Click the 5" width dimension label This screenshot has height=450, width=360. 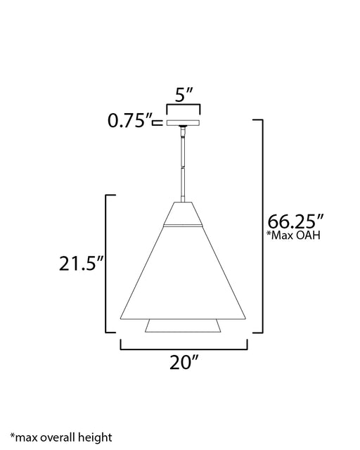(184, 95)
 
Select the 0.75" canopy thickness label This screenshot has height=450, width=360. (129, 120)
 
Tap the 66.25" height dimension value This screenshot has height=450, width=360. (295, 221)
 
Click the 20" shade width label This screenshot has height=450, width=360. (184, 362)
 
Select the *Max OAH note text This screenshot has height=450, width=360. (293, 236)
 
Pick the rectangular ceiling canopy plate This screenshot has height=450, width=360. (184, 122)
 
